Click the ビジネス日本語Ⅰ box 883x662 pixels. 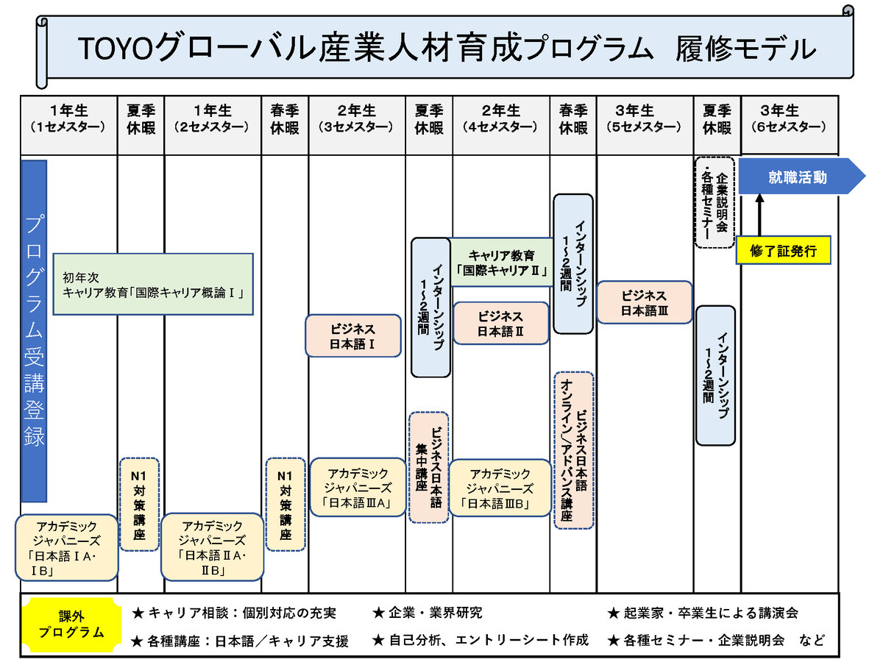pyautogui.click(x=353, y=336)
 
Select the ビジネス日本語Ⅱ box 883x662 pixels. pyautogui.click(x=500, y=323)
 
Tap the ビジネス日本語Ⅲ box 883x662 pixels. pyautogui.click(x=645, y=302)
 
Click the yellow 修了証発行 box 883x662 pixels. pyautogui.click(x=783, y=251)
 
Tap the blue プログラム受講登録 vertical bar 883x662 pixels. pyautogui.click(x=35, y=331)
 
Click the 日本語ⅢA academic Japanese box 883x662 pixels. pyautogui.click(x=358, y=488)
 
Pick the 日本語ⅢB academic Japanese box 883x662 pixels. pyautogui.click(x=500, y=489)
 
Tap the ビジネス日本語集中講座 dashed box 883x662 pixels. pyautogui.click(x=429, y=467)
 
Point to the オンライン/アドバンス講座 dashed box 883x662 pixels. pyautogui.click(x=574, y=450)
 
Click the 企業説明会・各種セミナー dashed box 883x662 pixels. pyautogui.click(x=714, y=202)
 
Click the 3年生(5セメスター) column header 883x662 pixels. pyautogui.click(x=645, y=118)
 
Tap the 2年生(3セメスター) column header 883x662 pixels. pyautogui.click(x=357, y=118)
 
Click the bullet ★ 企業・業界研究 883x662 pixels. pyautogui.click(x=427, y=613)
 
